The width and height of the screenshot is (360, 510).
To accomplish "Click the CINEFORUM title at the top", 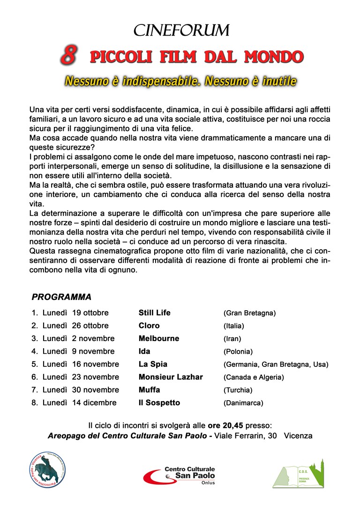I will click(x=181, y=30).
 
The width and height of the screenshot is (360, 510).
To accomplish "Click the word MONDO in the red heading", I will click(x=274, y=57).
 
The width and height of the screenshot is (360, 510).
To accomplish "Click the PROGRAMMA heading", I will click(x=61, y=297).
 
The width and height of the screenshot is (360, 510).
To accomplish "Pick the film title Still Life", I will click(x=155, y=312).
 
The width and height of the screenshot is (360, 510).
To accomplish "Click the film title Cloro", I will click(x=149, y=326).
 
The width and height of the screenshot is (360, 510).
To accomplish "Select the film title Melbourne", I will click(x=159, y=338).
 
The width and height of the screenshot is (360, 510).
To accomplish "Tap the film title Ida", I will click(x=144, y=351).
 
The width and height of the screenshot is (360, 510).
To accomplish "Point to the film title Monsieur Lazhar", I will click(x=171, y=377).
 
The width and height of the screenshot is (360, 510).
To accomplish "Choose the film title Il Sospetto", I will click(x=159, y=403).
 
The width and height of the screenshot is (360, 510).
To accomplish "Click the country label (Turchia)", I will click(x=238, y=390).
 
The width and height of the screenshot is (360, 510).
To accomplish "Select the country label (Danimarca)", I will click(x=243, y=403).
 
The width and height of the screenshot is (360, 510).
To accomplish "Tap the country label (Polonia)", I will click(x=238, y=351).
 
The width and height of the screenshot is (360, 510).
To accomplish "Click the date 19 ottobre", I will click(x=90, y=313).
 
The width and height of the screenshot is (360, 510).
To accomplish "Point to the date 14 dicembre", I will click(x=94, y=403).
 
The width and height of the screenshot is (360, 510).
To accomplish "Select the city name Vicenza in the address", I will click(x=298, y=436).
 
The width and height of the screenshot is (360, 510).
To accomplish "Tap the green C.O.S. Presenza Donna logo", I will click(x=299, y=474).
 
